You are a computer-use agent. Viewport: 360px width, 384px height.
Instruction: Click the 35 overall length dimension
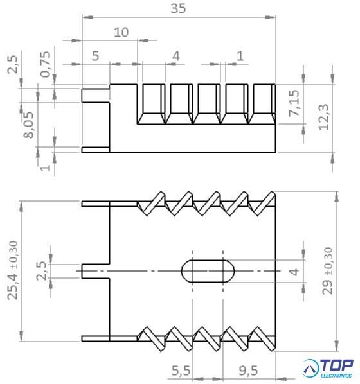pyautogui.click(x=178, y=8)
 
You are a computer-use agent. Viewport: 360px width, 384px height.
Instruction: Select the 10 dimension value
pyautogui.click(x=121, y=32)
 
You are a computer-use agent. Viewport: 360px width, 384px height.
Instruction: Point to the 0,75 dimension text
pyautogui.click(x=46, y=64)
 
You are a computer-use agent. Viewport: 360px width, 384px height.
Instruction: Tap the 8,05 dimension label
pyautogui.click(x=29, y=125)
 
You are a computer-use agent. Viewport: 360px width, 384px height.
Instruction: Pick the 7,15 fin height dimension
pyautogui.click(x=294, y=103)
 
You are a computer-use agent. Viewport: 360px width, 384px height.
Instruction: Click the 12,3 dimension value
pyautogui.click(x=323, y=117)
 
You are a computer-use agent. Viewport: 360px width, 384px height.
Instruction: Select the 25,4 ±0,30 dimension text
pyautogui.click(x=13, y=270)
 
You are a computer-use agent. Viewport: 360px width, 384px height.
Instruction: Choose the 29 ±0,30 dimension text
pyautogui.click(x=328, y=270)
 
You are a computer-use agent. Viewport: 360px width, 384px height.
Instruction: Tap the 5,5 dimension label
pyautogui.click(x=181, y=371)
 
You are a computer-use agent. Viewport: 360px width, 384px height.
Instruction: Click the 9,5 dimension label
pyautogui.click(x=248, y=371)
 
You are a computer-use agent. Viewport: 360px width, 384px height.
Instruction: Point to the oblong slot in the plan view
pyautogui.click(x=208, y=271)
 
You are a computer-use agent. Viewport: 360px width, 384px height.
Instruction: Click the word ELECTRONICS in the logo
pyautogui.click(x=336, y=376)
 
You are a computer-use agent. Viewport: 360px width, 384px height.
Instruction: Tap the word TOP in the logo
pyautogui.click(x=337, y=365)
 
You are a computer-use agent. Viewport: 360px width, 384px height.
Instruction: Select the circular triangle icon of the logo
pyautogui.click(x=310, y=368)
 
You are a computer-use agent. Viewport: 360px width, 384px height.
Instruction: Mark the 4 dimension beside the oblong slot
pyautogui.click(x=294, y=272)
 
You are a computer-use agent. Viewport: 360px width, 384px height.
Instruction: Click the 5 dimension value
pyautogui.click(x=95, y=56)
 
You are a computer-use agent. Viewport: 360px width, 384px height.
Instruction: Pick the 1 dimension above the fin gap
pyautogui.click(x=240, y=56)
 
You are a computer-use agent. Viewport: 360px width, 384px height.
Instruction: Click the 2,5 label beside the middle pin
pyautogui.click(x=41, y=270)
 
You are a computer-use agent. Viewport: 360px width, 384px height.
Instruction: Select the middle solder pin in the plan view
pyautogui.click(x=96, y=271)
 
